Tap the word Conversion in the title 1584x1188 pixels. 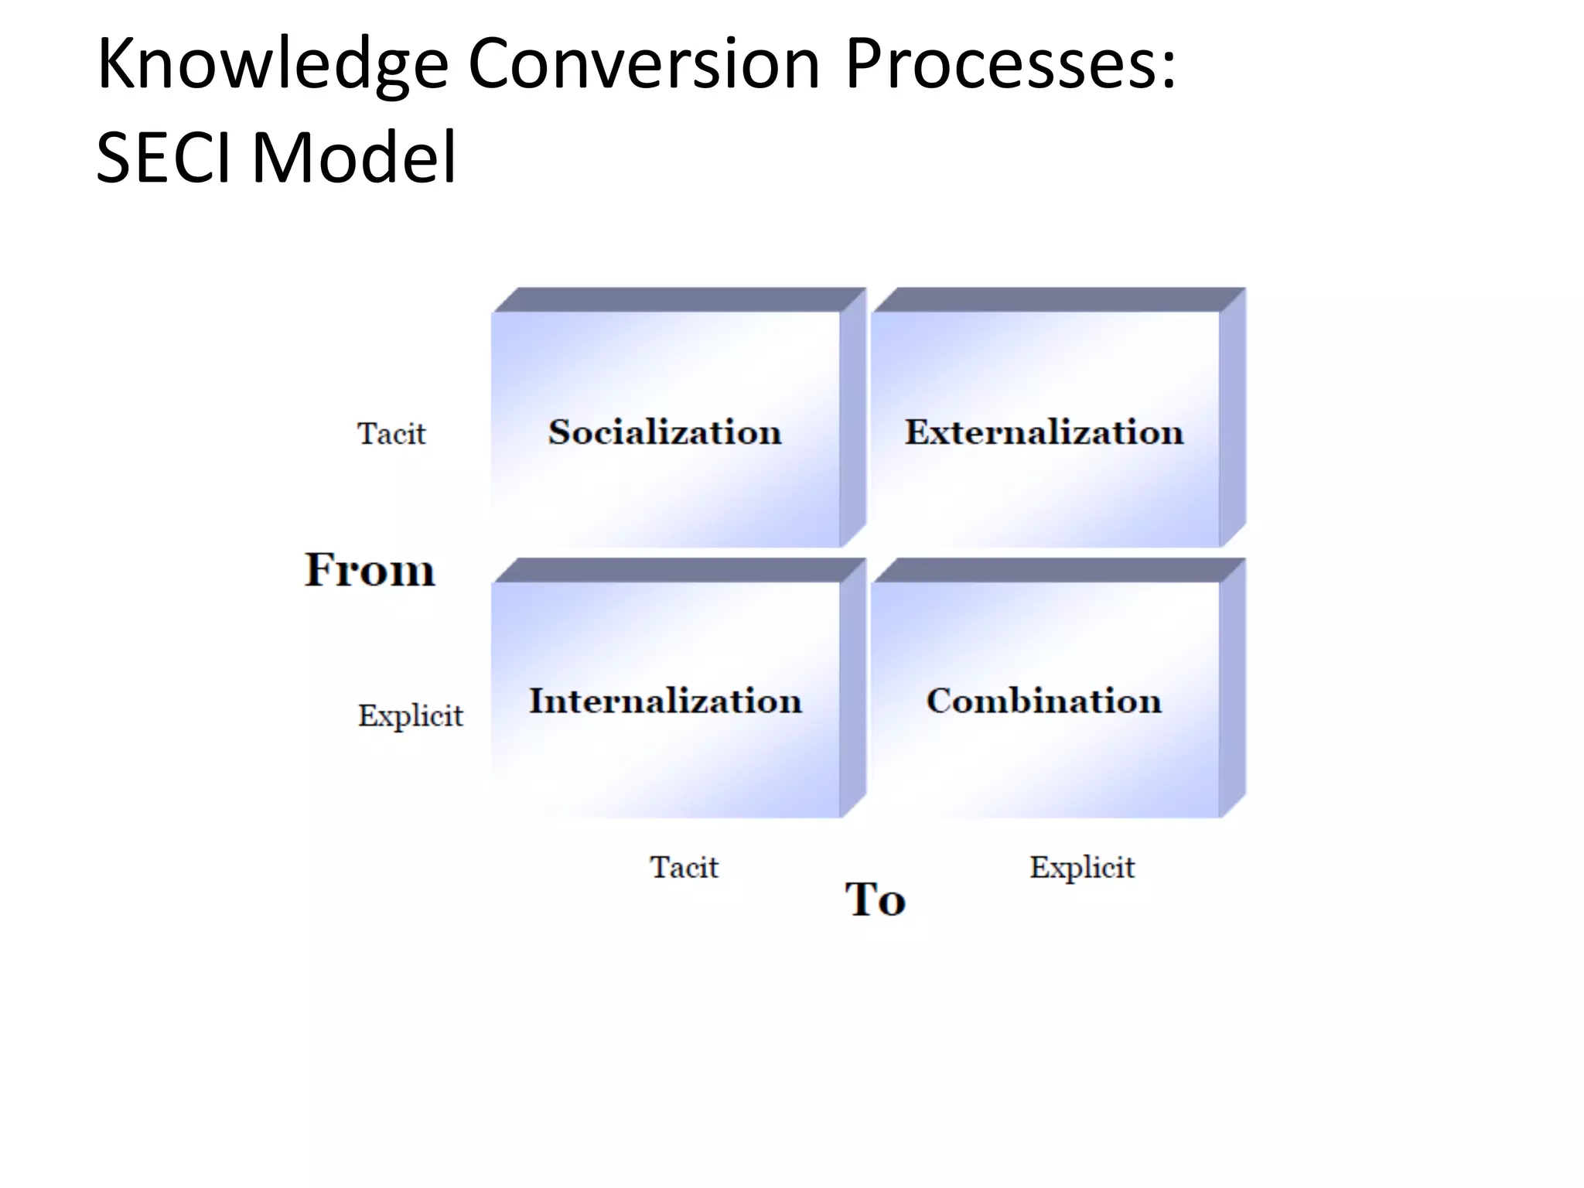click(643, 63)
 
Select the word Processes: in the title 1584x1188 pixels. click(1010, 63)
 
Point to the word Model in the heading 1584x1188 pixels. click(354, 158)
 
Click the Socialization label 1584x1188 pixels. click(665, 432)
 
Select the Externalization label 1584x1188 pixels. click(1044, 432)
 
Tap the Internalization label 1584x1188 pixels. click(665, 701)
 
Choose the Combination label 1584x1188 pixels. click(1044, 701)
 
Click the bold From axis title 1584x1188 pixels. click(370, 570)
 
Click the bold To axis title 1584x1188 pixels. click(875, 900)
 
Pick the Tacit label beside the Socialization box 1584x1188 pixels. click(391, 434)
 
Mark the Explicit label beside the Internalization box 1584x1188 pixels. click(410, 716)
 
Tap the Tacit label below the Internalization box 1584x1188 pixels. click(684, 867)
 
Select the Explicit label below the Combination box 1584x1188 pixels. click(1082, 868)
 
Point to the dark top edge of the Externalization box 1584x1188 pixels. click(1058, 300)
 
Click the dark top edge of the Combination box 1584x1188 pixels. click(1058, 570)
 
